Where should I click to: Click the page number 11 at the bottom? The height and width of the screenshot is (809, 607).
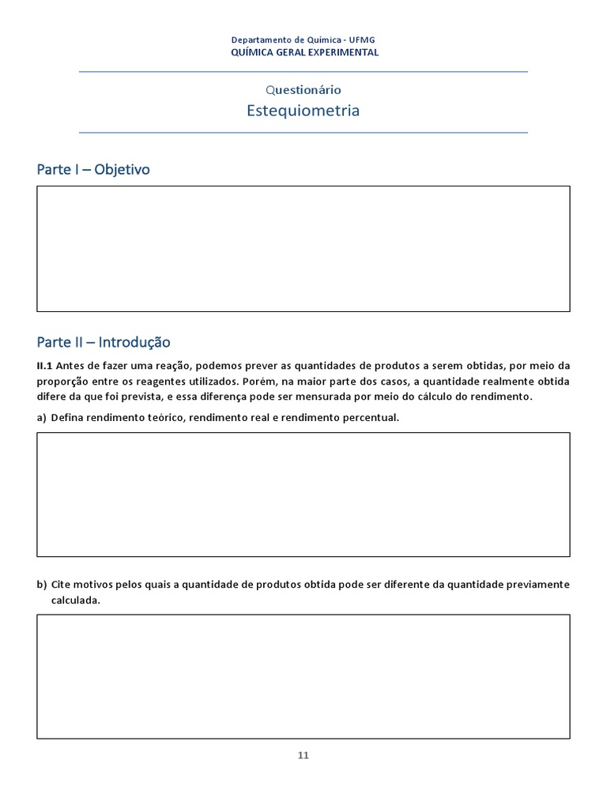(x=303, y=755)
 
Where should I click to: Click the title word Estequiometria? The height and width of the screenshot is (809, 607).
(x=303, y=111)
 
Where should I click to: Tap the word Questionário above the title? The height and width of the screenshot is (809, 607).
(x=303, y=90)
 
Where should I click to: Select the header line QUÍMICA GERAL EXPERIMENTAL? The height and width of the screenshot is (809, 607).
(x=303, y=52)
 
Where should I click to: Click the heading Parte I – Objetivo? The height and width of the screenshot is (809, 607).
(x=93, y=170)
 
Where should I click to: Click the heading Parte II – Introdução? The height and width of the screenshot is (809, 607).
(x=104, y=342)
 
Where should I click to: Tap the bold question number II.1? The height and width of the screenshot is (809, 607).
(x=44, y=366)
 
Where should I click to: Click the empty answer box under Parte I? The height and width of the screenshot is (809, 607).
(x=303, y=248)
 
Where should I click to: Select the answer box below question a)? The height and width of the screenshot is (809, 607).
(x=303, y=495)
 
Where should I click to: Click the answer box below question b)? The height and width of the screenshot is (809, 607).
(x=303, y=676)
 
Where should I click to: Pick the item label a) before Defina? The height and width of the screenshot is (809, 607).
(x=42, y=417)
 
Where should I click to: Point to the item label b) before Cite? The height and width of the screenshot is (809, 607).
(x=42, y=585)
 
